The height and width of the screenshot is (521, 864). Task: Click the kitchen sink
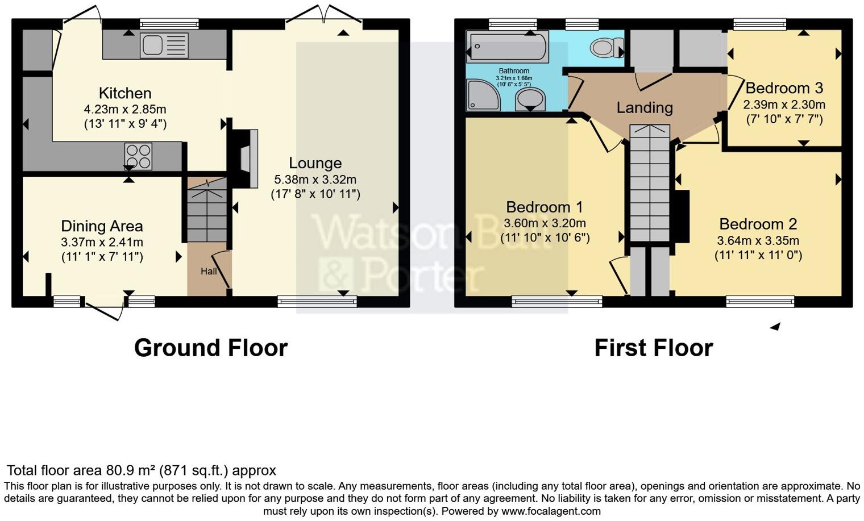click(x=164, y=45)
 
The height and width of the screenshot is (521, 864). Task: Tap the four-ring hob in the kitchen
click(x=139, y=156)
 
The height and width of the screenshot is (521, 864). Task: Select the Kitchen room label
click(x=125, y=93)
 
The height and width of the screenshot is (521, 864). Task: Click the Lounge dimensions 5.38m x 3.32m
click(x=315, y=180)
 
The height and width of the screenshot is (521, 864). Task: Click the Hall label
click(x=208, y=272)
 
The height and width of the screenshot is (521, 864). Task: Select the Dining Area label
click(x=102, y=226)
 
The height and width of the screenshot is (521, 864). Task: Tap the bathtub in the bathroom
click(x=507, y=47)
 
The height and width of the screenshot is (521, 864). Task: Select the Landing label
click(x=645, y=107)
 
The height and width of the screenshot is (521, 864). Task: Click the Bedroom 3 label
click(x=784, y=88)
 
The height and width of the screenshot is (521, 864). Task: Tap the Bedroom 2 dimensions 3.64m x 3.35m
click(x=758, y=241)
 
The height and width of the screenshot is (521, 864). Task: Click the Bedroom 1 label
click(x=545, y=207)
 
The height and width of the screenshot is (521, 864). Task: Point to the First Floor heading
click(x=653, y=348)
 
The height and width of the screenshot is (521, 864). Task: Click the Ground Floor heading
click(x=210, y=348)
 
